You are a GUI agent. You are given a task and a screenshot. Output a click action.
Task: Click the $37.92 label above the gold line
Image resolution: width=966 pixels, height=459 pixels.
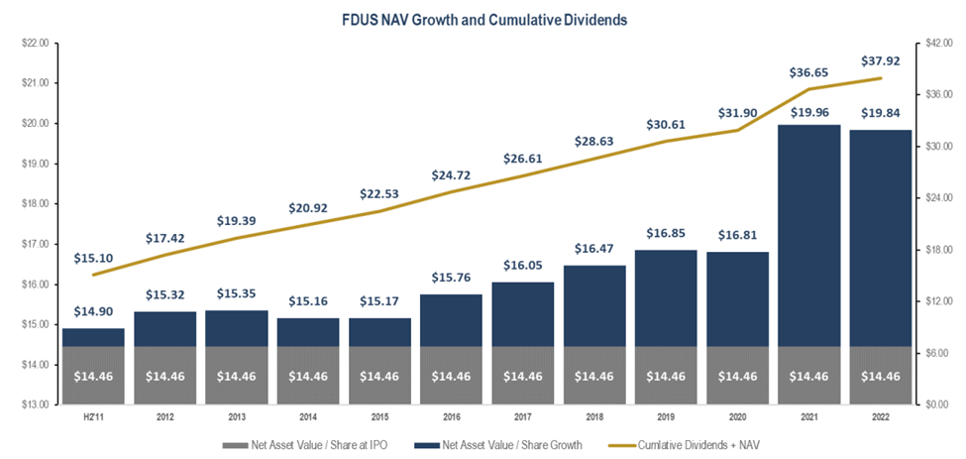click(876, 58)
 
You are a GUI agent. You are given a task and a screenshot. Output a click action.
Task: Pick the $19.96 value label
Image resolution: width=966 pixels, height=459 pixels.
click(805, 111)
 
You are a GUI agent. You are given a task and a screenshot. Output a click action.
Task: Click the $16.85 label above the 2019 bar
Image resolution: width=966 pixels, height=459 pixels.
click(661, 235)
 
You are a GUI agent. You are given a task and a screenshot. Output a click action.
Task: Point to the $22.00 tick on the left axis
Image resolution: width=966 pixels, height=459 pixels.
click(35, 44)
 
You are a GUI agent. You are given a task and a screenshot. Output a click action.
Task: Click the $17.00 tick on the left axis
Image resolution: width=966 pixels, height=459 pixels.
click(35, 244)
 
